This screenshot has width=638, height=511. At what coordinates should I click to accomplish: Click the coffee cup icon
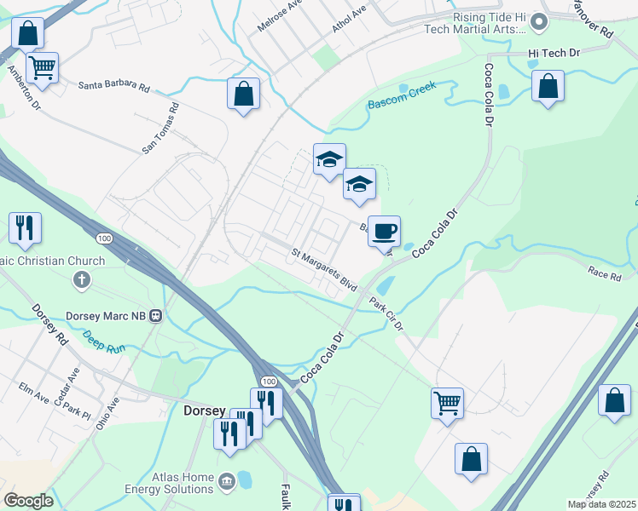tap(384, 230)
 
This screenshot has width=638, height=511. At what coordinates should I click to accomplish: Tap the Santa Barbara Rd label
tap(114, 87)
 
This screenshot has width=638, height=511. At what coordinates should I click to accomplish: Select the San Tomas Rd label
tap(161, 129)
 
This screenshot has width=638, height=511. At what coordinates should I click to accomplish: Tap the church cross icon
tap(82, 279)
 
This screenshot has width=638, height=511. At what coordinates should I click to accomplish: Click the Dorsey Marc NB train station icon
tap(155, 315)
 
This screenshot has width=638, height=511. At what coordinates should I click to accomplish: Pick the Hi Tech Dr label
tap(554, 53)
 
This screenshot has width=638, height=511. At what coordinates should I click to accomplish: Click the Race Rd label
tap(604, 273)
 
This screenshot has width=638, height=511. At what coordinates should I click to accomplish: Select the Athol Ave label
tap(349, 18)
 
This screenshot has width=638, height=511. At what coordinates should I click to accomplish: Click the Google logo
tap(28, 501)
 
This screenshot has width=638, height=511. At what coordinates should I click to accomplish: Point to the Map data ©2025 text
tap(600, 504)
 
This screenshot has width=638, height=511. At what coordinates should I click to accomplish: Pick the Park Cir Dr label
tap(386, 313)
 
